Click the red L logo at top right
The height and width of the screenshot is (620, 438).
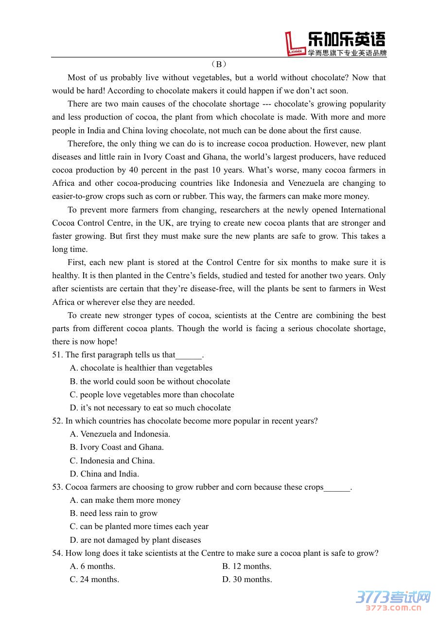click(x=296, y=44)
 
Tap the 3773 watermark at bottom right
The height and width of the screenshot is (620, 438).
click(x=393, y=600)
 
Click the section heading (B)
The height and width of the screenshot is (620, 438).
click(x=219, y=64)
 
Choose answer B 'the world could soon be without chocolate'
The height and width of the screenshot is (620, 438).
click(x=150, y=382)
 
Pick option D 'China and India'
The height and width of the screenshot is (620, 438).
click(x=105, y=474)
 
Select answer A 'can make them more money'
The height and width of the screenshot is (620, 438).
click(x=125, y=500)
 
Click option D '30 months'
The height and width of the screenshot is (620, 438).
click(x=247, y=580)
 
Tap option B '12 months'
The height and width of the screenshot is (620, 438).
click(x=247, y=567)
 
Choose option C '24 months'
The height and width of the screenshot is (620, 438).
click(x=95, y=580)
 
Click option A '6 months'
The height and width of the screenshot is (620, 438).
click(x=93, y=567)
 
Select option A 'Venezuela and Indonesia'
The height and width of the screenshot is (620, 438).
click(x=120, y=434)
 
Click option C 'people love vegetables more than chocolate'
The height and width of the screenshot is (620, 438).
click(x=152, y=395)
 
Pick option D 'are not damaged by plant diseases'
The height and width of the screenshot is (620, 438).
click(x=136, y=540)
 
